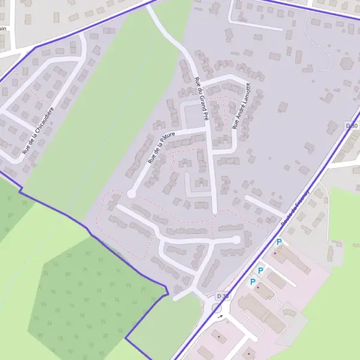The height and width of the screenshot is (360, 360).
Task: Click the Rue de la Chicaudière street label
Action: coord(38,131)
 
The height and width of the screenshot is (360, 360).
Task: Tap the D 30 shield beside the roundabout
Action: coord(222,296)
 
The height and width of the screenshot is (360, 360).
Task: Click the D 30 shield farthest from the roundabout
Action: coord(352,125)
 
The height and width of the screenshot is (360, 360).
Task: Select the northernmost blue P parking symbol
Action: coord(278,242)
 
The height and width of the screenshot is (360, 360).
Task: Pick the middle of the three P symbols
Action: coord(260,271)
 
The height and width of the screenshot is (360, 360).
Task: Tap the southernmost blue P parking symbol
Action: coord(253,281)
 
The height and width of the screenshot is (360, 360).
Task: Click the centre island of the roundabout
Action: coord(217,308)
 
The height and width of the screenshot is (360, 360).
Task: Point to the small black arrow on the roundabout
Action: coord(220,316)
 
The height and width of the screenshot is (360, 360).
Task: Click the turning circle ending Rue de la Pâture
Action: coord(131,194)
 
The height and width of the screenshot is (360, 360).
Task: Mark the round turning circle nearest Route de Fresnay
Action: coord(236,239)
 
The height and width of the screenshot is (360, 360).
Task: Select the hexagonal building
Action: coord(347,62)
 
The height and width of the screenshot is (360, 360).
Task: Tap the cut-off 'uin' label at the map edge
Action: coord(3,28)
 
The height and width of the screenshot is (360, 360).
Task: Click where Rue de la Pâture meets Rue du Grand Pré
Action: coord(206,128)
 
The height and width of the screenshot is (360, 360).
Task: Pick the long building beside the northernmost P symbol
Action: coord(292,259)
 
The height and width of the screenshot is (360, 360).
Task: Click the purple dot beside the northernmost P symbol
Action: coord(275,253)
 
